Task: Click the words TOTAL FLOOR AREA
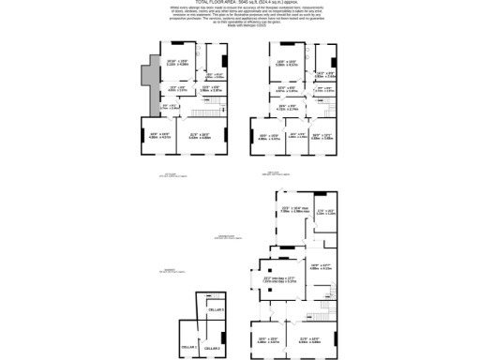click(x=215, y=3)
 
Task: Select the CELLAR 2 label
click(x=212, y=348)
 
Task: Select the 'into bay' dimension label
click(x=279, y=278)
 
